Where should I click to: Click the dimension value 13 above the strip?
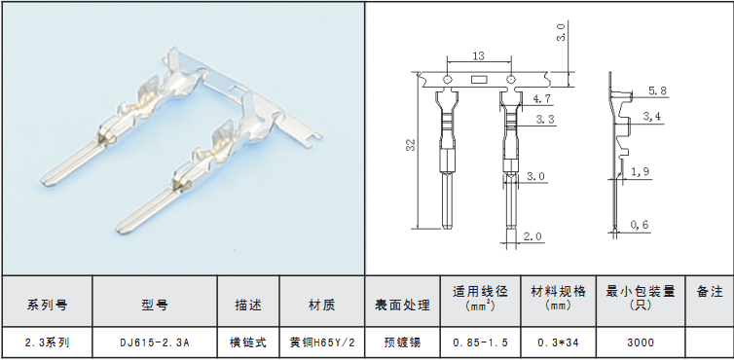point(478,55)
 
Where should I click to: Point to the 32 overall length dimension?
point(411,144)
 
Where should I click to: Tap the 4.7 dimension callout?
point(541,99)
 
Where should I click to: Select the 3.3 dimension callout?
point(545,120)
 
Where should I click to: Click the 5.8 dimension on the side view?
point(657,90)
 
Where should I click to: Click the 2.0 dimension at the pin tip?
point(532,236)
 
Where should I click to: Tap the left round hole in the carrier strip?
point(447,79)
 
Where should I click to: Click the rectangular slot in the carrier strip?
point(479,80)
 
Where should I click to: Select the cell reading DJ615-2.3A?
point(155,342)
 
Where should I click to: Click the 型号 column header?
point(155,306)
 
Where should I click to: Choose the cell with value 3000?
point(641,342)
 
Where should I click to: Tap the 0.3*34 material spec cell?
point(558,342)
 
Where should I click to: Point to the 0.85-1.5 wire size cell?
point(480,342)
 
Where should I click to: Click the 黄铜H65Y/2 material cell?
point(322,342)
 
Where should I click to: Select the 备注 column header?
point(710,292)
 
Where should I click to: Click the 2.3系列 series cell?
point(48,342)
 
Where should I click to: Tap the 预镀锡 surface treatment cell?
point(403,342)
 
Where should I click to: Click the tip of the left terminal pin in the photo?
point(44,182)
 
